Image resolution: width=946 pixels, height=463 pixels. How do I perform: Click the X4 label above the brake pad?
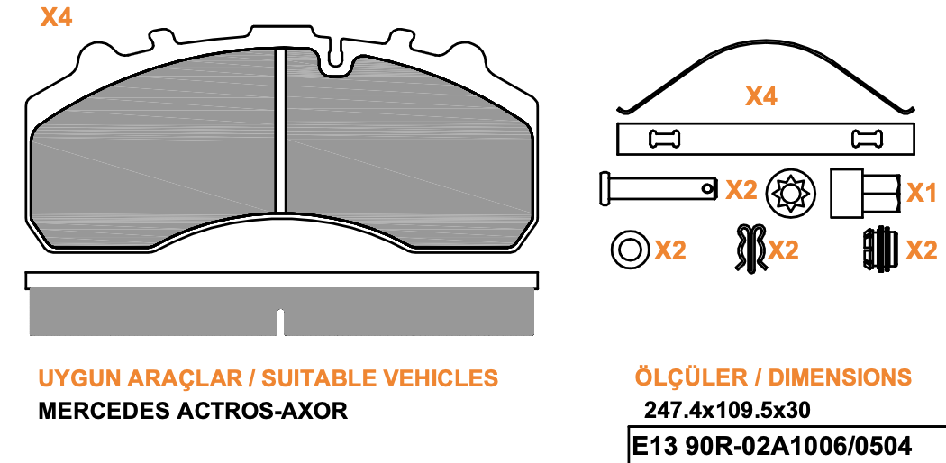click(x=56, y=17)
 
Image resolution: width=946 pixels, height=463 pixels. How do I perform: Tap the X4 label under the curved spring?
click(x=761, y=96)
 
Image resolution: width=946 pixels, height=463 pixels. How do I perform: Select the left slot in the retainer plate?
click(x=664, y=140)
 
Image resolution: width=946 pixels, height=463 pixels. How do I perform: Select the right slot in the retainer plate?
click(x=867, y=140)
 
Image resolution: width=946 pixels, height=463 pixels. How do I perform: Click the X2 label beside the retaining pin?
click(x=741, y=190)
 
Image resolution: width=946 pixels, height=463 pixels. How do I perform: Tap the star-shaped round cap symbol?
click(x=790, y=193)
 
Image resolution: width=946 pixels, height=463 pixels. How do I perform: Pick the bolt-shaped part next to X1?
click(x=866, y=193)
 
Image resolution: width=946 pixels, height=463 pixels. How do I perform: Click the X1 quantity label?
click(x=922, y=193)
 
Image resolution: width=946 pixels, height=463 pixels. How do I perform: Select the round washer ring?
click(x=631, y=249)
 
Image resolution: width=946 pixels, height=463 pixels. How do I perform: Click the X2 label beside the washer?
click(x=670, y=250)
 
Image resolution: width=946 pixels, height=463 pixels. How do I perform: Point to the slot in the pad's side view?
click(x=280, y=322)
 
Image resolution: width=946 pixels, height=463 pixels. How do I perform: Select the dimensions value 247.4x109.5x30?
click(x=727, y=411)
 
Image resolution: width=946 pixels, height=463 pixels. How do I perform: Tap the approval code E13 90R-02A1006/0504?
click(x=771, y=447)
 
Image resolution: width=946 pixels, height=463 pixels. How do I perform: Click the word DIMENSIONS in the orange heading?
click(x=839, y=377)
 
